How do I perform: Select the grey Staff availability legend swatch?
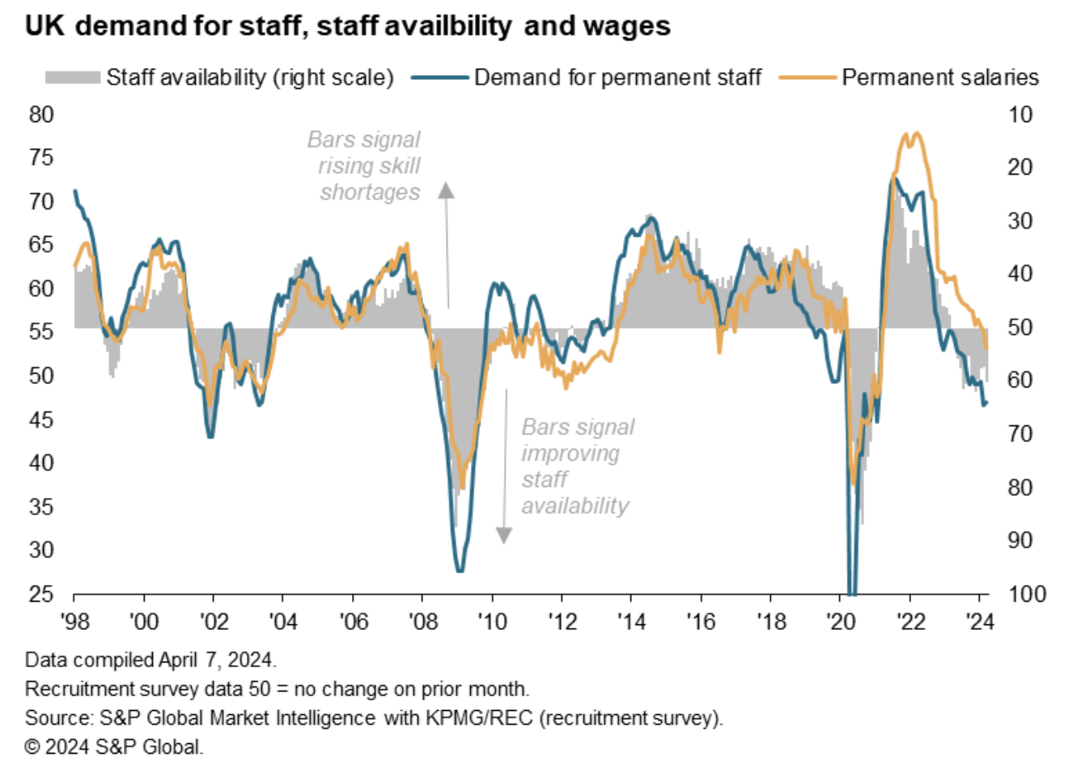point(73,78)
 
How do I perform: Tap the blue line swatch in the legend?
point(440,78)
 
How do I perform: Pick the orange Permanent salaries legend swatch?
point(807,78)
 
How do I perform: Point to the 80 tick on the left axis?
point(41,114)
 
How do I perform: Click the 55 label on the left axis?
point(41,332)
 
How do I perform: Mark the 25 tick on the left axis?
point(41,594)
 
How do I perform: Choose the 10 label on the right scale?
point(1020,114)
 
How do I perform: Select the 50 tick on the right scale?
point(1020,328)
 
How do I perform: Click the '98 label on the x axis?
point(75,621)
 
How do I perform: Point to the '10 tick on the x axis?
point(492,621)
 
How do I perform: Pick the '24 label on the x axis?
point(980,621)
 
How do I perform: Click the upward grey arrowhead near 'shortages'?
point(446,190)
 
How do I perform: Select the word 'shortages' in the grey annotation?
point(370,192)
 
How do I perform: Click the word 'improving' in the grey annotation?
point(570,453)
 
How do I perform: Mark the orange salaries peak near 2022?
point(915,134)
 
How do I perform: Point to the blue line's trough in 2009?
point(460,570)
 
